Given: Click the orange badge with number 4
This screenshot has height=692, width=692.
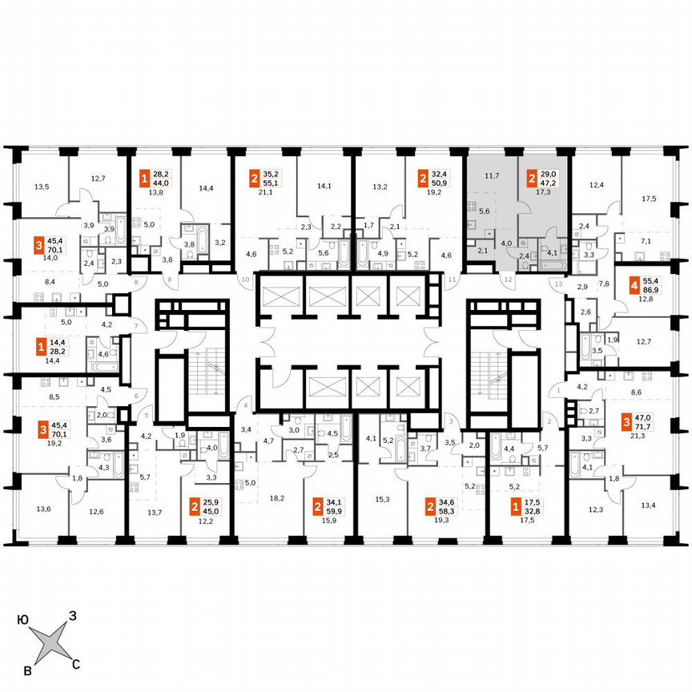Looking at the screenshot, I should [x=634, y=284].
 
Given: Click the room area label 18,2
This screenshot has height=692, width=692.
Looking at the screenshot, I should [x=278, y=498].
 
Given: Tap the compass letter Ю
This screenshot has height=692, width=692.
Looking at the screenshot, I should [x=24, y=619].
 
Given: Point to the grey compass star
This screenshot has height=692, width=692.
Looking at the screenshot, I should [x=50, y=642].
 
